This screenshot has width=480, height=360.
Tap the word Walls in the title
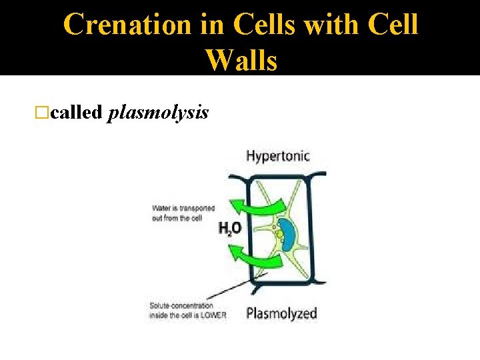click(241, 60)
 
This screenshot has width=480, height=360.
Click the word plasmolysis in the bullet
click(158, 113)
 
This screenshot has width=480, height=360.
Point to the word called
click(76, 113)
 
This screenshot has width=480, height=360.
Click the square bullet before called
click(45, 113)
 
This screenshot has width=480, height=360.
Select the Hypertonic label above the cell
click(278, 156)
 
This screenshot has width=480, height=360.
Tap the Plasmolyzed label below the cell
click(281, 313)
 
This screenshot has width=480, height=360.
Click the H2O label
click(229, 228)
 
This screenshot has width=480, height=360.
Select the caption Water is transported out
click(183, 213)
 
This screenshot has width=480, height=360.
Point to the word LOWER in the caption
click(214, 315)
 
